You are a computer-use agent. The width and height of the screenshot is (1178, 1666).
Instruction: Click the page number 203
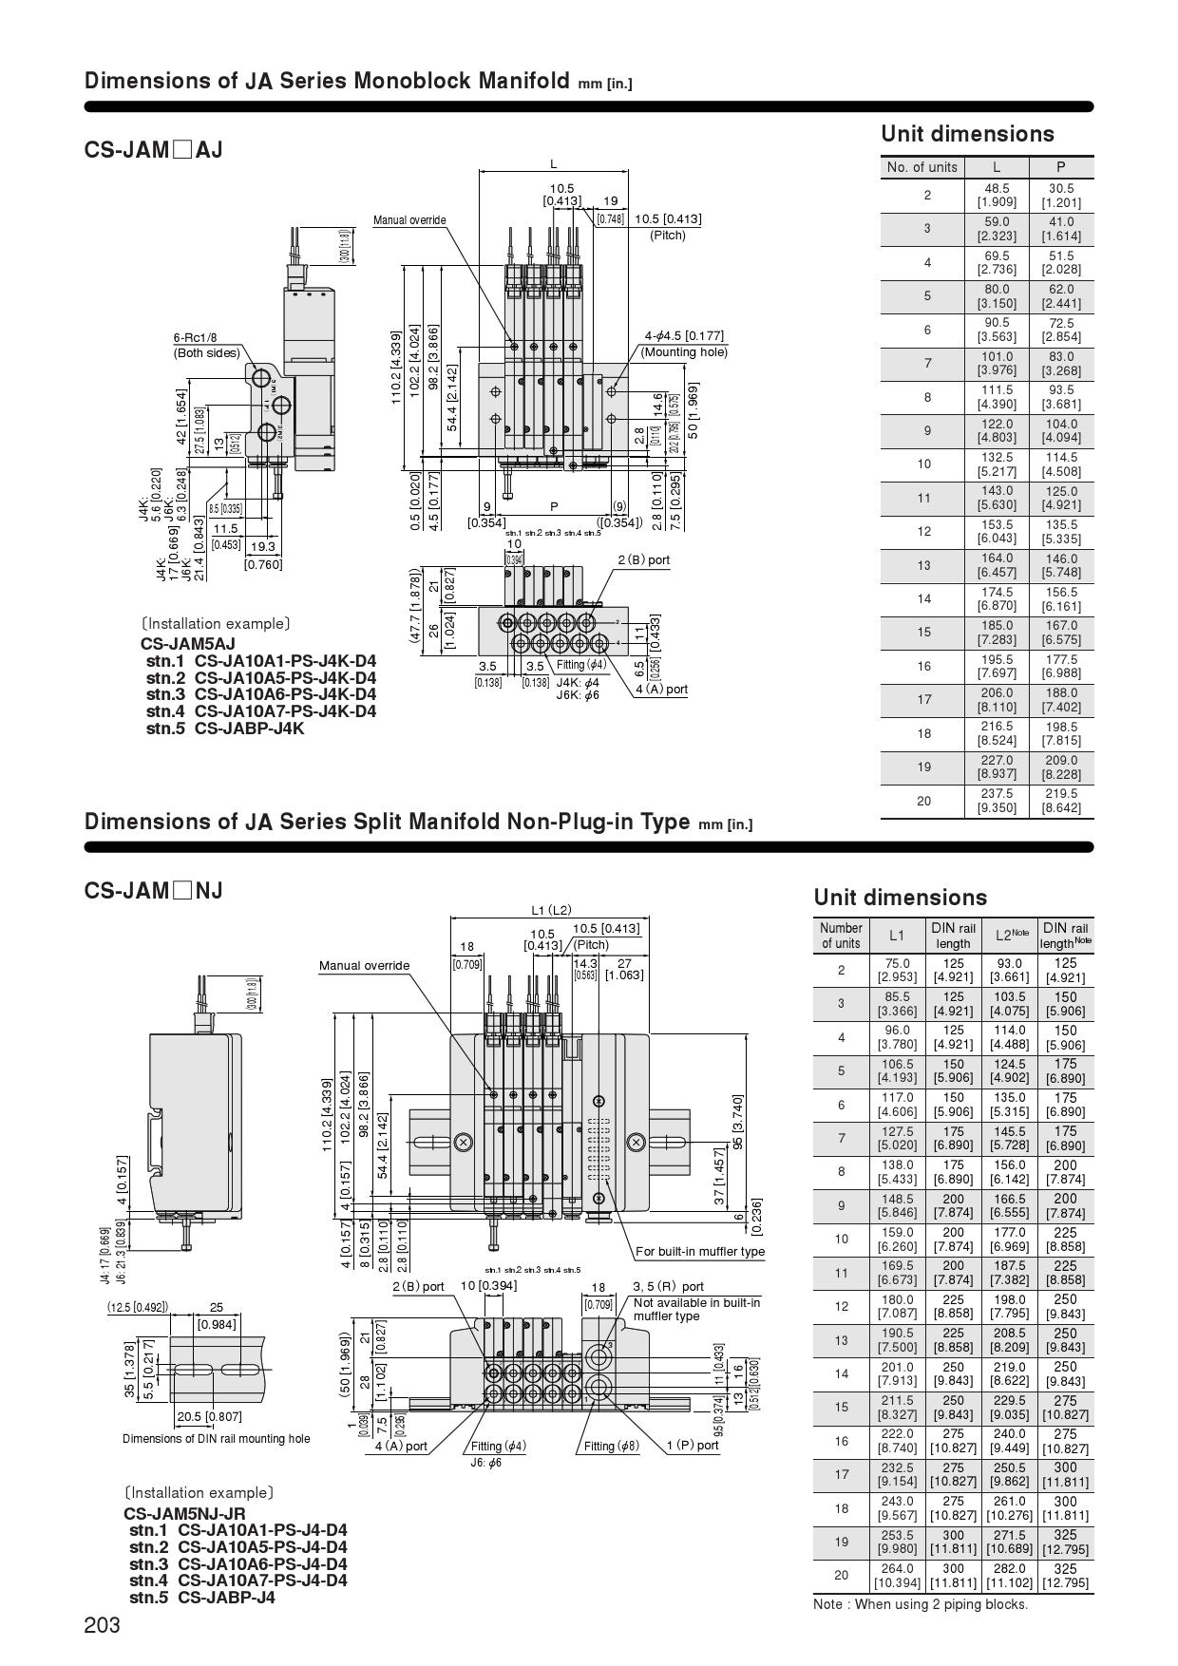(103, 1625)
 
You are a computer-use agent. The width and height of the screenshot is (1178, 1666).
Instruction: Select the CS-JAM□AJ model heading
(153, 150)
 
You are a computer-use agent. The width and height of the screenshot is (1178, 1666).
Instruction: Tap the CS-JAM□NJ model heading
(153, 891)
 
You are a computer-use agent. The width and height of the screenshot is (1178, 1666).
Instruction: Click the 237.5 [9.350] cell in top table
(996, 801)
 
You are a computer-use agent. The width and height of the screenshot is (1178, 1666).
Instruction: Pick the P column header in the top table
(1061, 167)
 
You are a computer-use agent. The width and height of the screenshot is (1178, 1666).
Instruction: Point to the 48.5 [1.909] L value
(996, 195)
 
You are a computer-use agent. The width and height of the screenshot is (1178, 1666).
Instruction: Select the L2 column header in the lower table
(1011, 936)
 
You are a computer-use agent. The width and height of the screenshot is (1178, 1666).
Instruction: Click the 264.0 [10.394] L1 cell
(897, 1575)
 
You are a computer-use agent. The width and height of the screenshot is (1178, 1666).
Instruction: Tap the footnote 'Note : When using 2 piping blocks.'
(921, 1604)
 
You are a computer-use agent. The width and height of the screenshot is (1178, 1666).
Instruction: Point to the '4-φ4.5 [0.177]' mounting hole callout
(684, 335)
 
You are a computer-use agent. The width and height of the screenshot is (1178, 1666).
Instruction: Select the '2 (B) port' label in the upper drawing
(644, 559)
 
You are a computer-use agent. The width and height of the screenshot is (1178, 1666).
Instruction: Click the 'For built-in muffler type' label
(700, 1251)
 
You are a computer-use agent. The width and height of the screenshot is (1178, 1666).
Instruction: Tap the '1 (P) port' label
(693, 1446)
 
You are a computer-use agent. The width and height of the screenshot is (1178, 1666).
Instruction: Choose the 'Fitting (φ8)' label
(611, 1446)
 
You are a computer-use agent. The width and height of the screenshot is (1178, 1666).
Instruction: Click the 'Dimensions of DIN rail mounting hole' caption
(216, 1439)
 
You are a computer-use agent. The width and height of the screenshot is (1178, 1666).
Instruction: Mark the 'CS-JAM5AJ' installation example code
(188, 644)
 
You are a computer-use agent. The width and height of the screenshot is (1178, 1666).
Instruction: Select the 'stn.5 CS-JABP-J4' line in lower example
(202, 1597)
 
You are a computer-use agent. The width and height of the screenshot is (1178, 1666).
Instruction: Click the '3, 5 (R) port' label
(669, 1287)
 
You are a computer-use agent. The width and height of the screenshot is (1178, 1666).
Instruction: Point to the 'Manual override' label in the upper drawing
(409, 220)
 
